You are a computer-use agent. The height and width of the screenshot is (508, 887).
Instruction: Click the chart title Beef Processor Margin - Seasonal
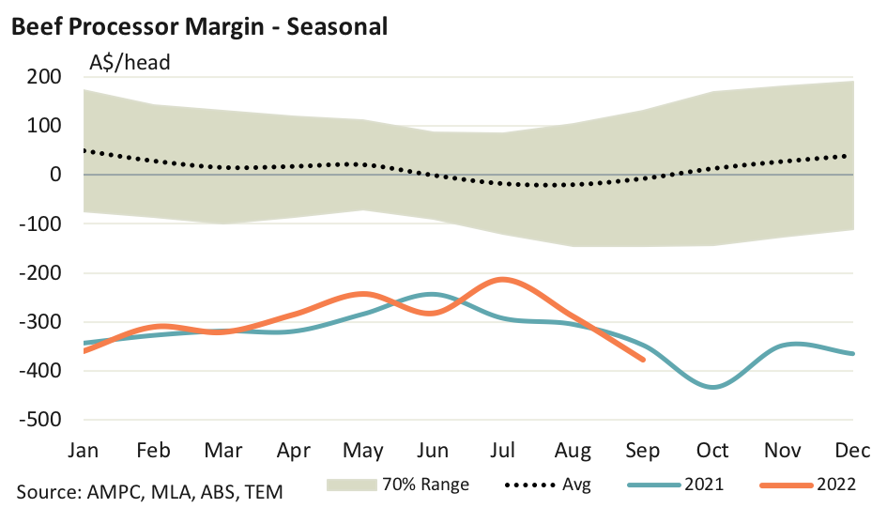click(198, 26)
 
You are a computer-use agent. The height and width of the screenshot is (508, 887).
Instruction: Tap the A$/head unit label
click(130, 64)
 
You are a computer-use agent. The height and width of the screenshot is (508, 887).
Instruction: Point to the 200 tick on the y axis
click(45, 77)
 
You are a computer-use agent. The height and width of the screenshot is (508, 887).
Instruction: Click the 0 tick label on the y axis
click(56, 175)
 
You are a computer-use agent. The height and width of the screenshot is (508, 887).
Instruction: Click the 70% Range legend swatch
click(351, 485)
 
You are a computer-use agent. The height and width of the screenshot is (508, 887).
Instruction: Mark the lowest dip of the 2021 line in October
click(713, 387)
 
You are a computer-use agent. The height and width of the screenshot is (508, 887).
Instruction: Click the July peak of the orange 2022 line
click(504, 279)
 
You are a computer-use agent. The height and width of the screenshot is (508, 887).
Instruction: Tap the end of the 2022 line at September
click(643, 360)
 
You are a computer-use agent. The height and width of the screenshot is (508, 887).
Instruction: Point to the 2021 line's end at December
click(852, 354)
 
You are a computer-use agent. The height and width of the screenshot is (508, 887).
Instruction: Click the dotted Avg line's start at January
click(84, 150)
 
